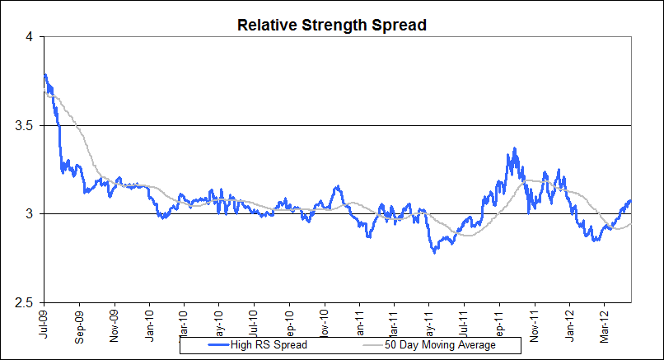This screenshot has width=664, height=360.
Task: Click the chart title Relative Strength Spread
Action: coord(331,25)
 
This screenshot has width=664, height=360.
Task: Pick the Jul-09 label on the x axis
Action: coord(44,320)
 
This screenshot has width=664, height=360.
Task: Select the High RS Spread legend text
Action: coord(271,345)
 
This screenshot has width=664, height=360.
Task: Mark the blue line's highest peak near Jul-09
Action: coord(44,74)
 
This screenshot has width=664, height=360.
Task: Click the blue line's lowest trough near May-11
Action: coord(434,252)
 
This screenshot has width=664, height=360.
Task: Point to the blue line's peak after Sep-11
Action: coord(515,149)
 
